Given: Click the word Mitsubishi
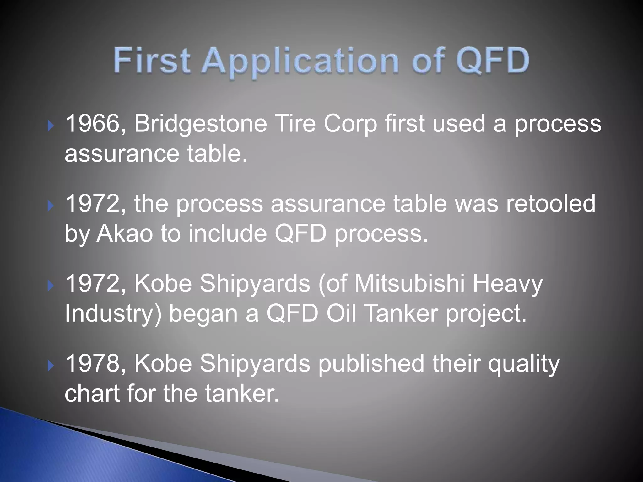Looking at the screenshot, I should tap(409, 283).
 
